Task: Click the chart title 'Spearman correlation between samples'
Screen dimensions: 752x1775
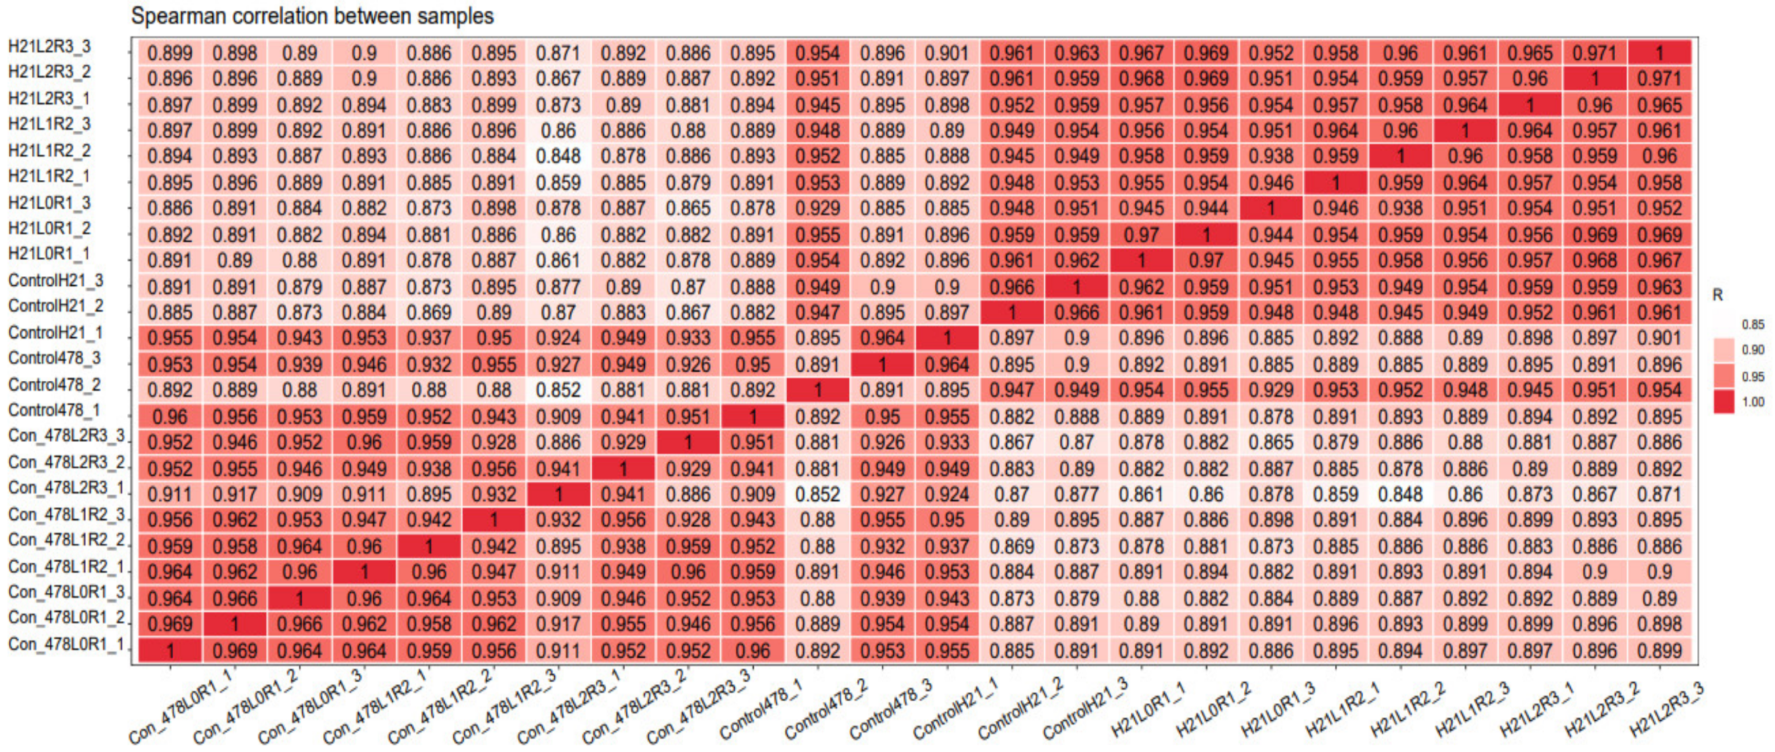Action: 312,16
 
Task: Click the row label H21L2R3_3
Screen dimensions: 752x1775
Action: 49,46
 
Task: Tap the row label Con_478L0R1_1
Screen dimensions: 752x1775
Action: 66,644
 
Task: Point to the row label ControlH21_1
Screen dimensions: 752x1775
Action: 55,333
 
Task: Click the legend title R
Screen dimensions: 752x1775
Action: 1718,295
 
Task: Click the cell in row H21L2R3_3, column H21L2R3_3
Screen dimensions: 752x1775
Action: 1659,53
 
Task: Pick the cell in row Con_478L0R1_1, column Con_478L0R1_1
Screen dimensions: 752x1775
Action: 169,650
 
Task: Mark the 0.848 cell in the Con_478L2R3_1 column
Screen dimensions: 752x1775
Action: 558,156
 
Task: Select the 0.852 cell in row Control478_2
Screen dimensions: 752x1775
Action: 558,390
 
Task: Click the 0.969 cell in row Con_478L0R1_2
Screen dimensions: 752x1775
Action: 169,624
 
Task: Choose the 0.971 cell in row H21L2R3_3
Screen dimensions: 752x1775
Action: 1595,53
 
